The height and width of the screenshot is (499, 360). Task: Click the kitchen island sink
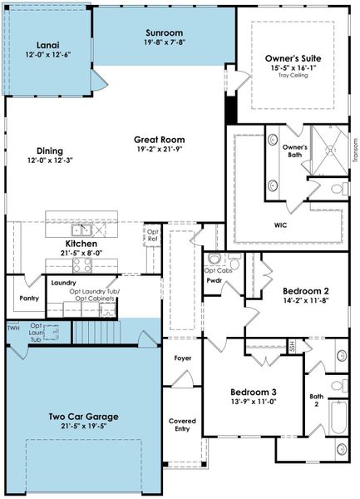point(81,230)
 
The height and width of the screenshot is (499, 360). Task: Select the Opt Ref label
point(153,235)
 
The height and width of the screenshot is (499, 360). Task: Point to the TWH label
point(12,329)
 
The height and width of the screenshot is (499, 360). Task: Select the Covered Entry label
point(182,425)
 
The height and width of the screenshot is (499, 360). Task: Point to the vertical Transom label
point(353,151)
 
